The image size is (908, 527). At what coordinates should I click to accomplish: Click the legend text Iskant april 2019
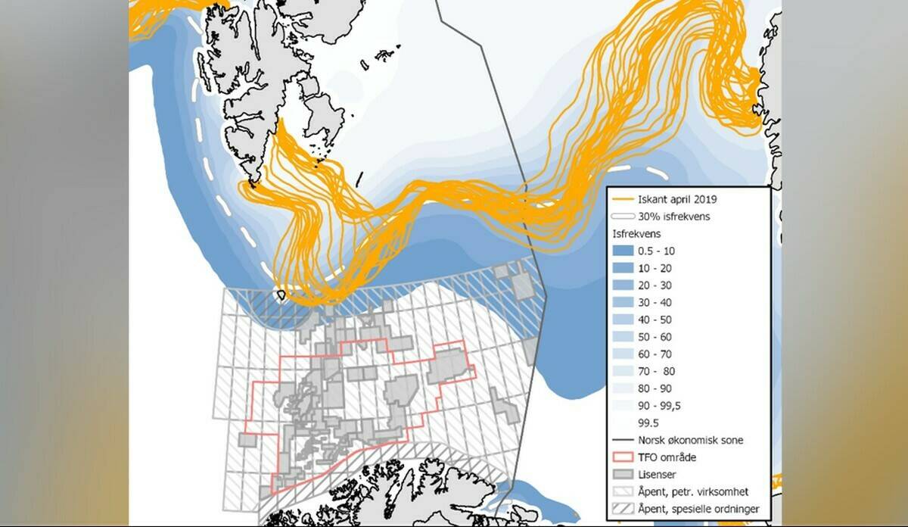[x=677, y=200]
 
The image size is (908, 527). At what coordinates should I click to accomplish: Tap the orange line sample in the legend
[x=623, y=200]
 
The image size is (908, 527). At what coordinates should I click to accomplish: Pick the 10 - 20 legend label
[x=655, y=268]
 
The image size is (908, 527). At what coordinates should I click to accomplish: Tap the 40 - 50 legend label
[x=655, y=320]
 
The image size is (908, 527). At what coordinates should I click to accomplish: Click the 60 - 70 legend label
[x=655, y=354]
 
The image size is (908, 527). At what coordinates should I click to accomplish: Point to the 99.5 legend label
[x=648, y=423]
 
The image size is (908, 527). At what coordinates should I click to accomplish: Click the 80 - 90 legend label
[x=655, y=388]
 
